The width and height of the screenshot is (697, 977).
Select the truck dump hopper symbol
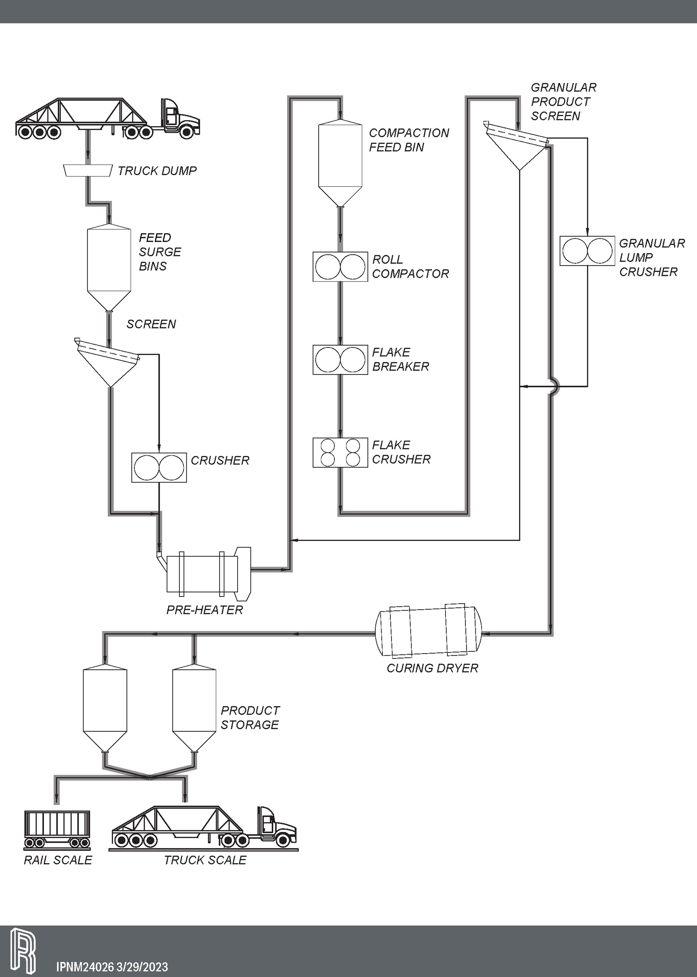tap(87, 170)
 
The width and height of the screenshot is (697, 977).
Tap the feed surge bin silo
tap(109, 264)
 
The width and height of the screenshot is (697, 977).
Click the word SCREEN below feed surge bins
tap(151, 324)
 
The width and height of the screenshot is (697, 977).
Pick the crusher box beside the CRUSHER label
tap(159, 467)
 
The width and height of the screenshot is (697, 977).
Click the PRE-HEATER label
tap(204, 610)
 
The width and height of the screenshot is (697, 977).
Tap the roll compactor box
tap(340, 266)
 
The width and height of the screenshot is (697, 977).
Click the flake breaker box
tap(340, 360)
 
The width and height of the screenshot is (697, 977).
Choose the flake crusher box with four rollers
tap(340, 452)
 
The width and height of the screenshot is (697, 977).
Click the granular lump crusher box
tap(587, 251)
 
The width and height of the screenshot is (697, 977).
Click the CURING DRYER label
tap(432, 668)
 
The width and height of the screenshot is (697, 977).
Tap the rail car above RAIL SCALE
tap(57, 828)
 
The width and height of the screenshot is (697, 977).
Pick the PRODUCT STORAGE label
tap(250, 717)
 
